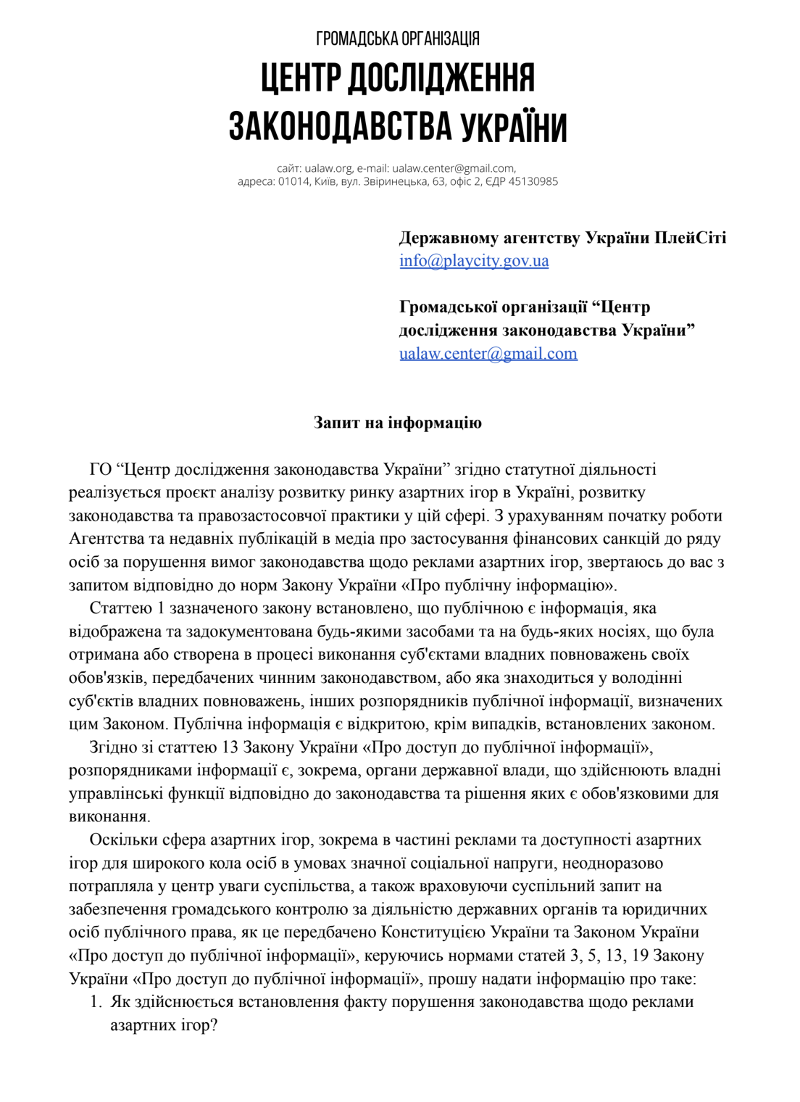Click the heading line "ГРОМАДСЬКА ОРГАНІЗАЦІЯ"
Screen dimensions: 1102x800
[x=398, y=38]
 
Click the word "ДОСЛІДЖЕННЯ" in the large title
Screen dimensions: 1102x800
[x=441, y=79]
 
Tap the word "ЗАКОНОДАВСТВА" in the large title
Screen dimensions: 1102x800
[x=339, y=127]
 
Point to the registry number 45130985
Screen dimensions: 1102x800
[x=533, y=181]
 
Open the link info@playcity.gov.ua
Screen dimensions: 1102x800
[x=474, y=261]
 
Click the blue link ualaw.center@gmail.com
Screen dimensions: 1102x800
[x=488, y=354]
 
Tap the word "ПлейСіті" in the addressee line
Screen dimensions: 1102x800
[x=690, y=238]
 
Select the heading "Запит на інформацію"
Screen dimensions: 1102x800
[x=398, y=423]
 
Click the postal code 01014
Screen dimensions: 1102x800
[x=293, y=181]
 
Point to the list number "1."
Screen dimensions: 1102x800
[x=96, y=1002]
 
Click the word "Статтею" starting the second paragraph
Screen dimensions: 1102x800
[x=120, y=608]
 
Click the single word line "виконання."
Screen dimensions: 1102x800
[x=109, y=817]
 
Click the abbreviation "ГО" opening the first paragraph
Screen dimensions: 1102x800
[x=100, y=470]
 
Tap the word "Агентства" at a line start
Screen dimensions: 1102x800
[x=106, y=539]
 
